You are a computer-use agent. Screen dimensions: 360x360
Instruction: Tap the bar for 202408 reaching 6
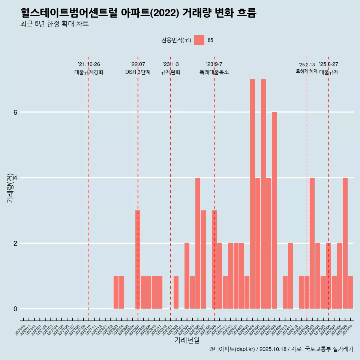pyautogui.click(x=274, y=210)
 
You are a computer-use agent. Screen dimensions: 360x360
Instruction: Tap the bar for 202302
pyautogui.click(x=176, y=292)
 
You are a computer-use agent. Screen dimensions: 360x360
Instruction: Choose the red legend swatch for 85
pyautogui.click(x=199, y=40)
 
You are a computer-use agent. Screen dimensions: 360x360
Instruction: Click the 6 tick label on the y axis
pyautogui.click(x=15, y=112)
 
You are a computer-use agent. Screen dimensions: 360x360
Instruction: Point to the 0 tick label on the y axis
pyautogui.click(x=15, y=309)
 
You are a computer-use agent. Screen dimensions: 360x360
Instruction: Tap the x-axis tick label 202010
pyautogui.click(x=20, y=330)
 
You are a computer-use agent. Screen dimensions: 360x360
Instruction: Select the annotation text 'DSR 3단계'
pyautogui.click(x=138, y=72)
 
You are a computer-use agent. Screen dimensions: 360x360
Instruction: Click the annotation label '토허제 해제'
pyautogui.click(x=306, y=71)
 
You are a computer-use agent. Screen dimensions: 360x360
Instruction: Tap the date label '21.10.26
pyautogui.click(x=89, y=64)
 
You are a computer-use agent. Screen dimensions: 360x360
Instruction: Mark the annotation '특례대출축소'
pyautogui.click(x=214, y=72)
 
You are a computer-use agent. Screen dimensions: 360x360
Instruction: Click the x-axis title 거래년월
pyautogui.click(x=187, y=340)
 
